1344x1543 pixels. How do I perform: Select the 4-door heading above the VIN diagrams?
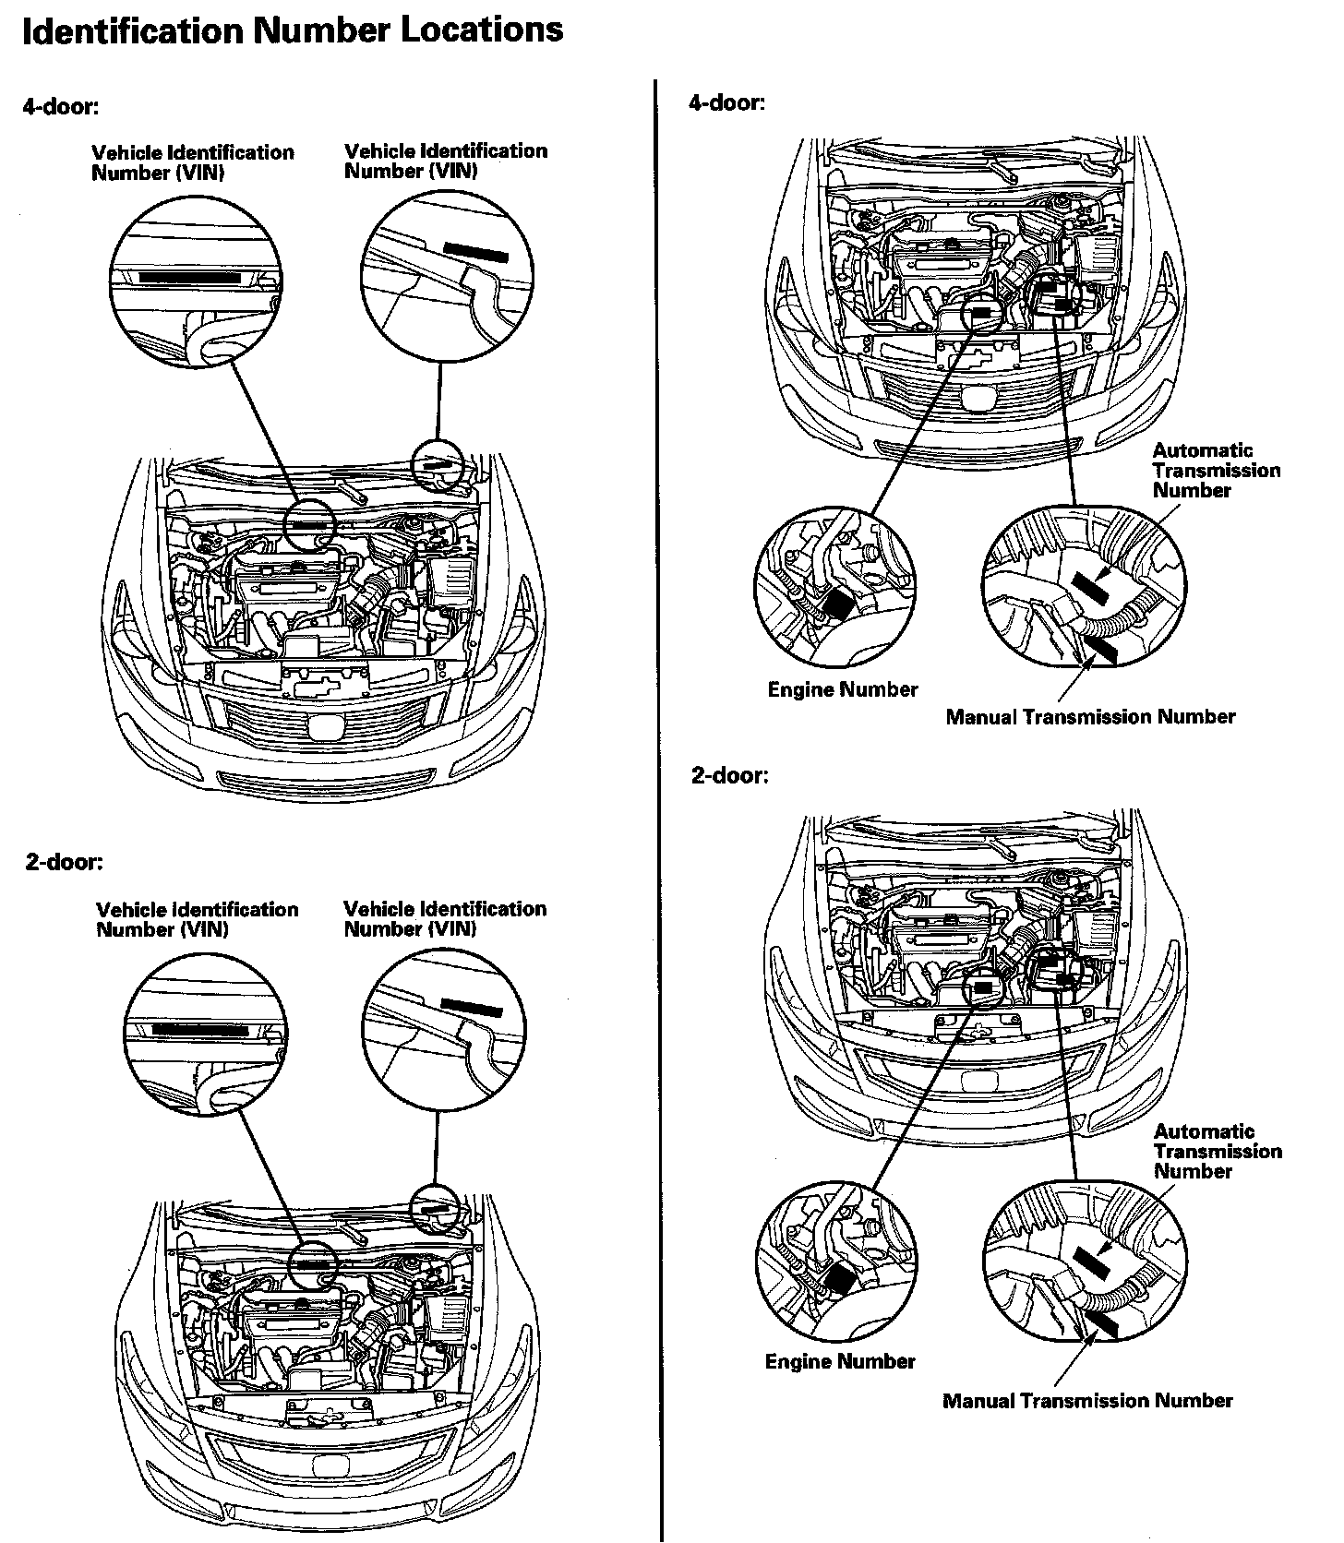[60, 106]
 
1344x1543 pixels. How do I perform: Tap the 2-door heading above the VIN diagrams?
[64, 862]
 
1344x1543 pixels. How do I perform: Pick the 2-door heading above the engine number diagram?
[729, 775]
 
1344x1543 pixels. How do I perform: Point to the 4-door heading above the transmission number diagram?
[726, 102]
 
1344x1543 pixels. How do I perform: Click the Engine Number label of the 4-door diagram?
[842, 689]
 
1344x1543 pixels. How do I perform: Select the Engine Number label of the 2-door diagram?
[840, 1361]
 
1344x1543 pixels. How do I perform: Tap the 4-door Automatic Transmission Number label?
[1216, 471]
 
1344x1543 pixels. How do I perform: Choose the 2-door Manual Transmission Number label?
[1086, 1401]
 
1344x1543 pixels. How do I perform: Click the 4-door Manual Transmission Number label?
[1089, 717]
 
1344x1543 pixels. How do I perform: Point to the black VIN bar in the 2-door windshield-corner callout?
[471, 1007]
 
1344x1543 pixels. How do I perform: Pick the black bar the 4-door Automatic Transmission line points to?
[1089, 585]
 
